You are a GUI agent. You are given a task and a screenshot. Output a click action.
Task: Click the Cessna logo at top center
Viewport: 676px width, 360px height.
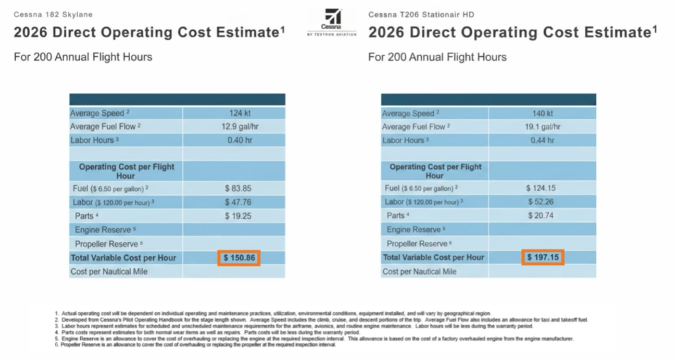(331, 23)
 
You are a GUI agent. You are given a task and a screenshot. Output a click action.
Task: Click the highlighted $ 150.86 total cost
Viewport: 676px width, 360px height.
(239, 258)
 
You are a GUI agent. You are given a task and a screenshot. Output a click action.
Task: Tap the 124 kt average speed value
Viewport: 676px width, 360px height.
(235, 114)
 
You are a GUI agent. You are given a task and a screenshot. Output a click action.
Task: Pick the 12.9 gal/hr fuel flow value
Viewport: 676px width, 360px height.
(235, 127)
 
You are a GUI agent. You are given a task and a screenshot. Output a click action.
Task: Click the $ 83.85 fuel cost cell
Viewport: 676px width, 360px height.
(236, 188)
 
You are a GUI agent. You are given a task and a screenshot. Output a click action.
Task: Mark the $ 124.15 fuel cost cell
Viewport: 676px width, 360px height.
(542, 188)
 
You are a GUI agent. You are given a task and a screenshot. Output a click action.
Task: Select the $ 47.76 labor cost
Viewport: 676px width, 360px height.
(236, 202)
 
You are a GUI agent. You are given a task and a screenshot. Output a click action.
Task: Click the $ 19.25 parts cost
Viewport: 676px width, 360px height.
(236, 215)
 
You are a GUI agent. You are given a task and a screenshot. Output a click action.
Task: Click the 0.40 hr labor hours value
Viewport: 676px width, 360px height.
(235, 140)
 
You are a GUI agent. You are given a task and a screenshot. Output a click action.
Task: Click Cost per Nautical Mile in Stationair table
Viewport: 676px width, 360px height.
(420, 271)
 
